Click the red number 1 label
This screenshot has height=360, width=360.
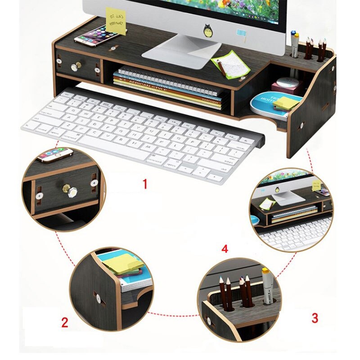145,184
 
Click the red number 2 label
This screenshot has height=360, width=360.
65,322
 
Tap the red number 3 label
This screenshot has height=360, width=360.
315,318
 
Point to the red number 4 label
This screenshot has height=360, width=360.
225,249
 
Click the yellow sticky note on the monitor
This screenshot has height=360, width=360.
116,20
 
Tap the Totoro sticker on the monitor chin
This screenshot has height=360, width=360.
207,31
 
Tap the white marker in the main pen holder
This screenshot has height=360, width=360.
295,45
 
